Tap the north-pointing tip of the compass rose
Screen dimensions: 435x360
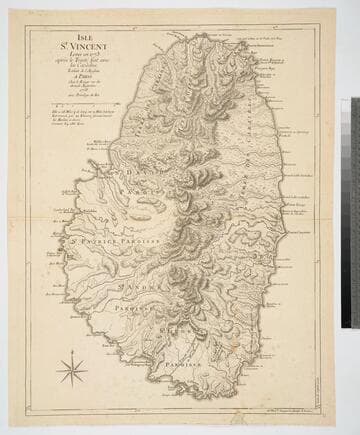pyautogui.click(x=72, y=356)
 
